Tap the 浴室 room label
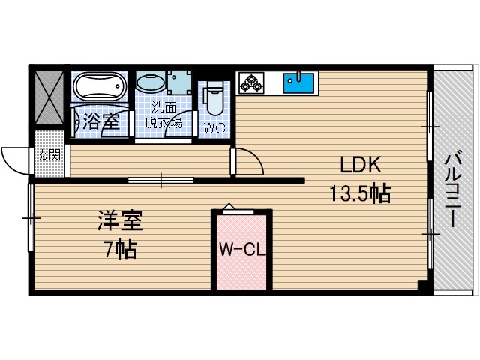coord(101,120)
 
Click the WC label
coord(214,127)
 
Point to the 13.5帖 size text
coord(360,194)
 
